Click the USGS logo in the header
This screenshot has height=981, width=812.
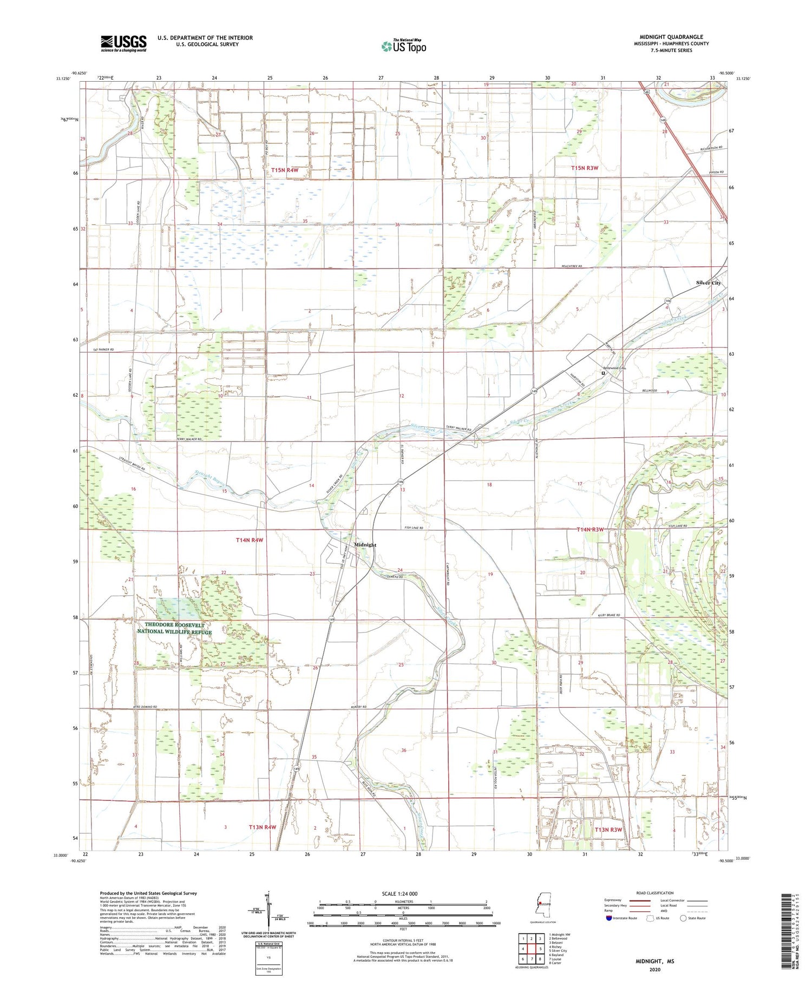123,43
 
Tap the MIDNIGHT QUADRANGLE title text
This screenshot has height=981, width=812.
671,37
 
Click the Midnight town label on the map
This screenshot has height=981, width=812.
365,545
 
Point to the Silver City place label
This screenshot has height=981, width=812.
708,283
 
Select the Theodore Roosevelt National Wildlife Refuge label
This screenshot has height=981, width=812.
174,628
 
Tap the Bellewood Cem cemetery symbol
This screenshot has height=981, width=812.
603,373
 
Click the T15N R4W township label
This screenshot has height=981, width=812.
285,170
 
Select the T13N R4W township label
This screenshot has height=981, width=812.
263,827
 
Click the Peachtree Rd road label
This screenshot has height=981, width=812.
572,267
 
